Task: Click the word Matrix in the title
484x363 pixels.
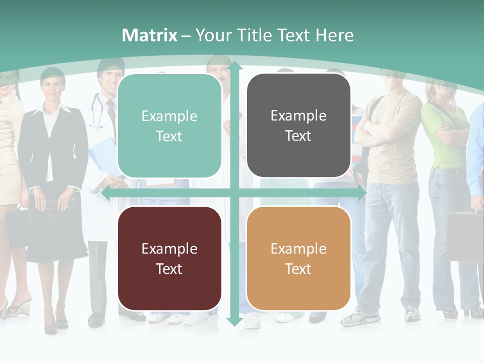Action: point(150,35)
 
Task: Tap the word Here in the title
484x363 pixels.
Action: point(334,35)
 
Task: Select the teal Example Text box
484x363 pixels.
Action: point(169,126)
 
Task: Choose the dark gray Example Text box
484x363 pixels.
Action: point(298,126)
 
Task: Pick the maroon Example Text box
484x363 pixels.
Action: point(169,258)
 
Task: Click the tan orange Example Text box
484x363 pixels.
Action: point(298,258)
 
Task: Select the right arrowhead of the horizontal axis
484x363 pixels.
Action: point(362,194)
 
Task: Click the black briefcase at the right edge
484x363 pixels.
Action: point(465,234)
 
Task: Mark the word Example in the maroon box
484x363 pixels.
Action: point(169,249)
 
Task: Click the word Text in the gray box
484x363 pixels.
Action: point(298,136)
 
